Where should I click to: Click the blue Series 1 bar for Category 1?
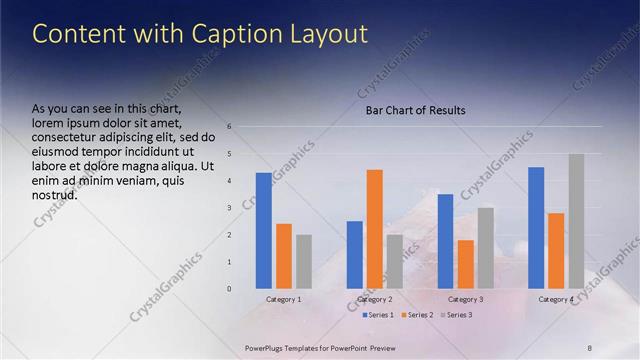[263, 230]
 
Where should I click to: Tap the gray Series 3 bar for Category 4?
[576, 221]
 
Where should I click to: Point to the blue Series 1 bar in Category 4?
[536, 227]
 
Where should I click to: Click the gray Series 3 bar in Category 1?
[304, 261]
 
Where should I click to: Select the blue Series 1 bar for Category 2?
[354, 254]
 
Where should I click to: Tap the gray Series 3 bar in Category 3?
[485, 248]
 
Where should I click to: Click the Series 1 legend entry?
[376, 315]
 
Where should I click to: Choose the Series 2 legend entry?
[417, 315]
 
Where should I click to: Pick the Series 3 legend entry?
[456, 315]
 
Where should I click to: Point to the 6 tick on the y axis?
[230, 127]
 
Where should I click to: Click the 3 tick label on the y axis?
[230, 208]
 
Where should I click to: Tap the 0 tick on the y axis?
[230, 289]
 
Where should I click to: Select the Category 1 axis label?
[284, 299]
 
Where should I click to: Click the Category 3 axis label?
[466, 299]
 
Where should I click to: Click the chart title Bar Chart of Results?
[415, 110]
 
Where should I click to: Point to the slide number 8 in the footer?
[590, 347]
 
